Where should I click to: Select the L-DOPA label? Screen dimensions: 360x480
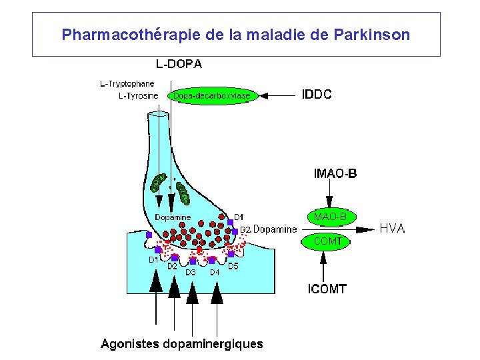coord(179,65)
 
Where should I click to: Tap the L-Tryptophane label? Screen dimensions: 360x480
coord(127,84)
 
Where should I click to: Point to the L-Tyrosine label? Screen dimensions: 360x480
coord(138,96)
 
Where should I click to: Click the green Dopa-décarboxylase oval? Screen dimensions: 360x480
coord(212,96)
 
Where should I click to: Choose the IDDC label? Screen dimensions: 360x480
coord(317,95)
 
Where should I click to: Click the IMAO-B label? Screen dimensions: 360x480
coord(335,175)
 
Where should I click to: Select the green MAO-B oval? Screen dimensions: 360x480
coord(330,217)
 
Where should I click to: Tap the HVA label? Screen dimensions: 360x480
coord(392,229)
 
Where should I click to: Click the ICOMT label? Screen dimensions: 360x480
coord(327,289)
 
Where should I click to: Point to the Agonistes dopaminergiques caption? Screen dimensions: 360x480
coord(182,345)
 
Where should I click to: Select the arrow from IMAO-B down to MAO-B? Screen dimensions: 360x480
coord(329,195)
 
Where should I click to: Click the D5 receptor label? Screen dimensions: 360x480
coord(233,267)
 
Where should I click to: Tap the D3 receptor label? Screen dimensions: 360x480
coord(191,273)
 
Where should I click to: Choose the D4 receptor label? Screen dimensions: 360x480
coord(215,273)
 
